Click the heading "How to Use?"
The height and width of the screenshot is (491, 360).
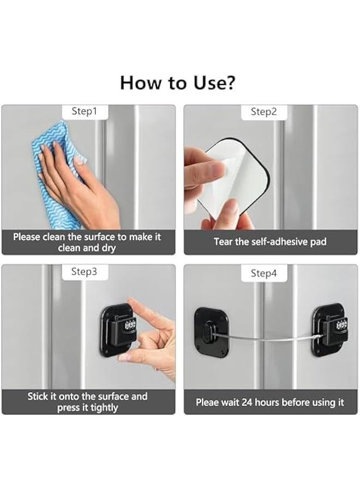click(x=178, y=82)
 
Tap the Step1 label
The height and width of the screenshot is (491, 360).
click(x=85, y=111)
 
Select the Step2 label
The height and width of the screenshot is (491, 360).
click(x=264, y=112)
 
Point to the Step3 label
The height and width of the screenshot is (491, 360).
click(x=85, y=271)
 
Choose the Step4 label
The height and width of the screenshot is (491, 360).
click(x=264, y=273)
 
